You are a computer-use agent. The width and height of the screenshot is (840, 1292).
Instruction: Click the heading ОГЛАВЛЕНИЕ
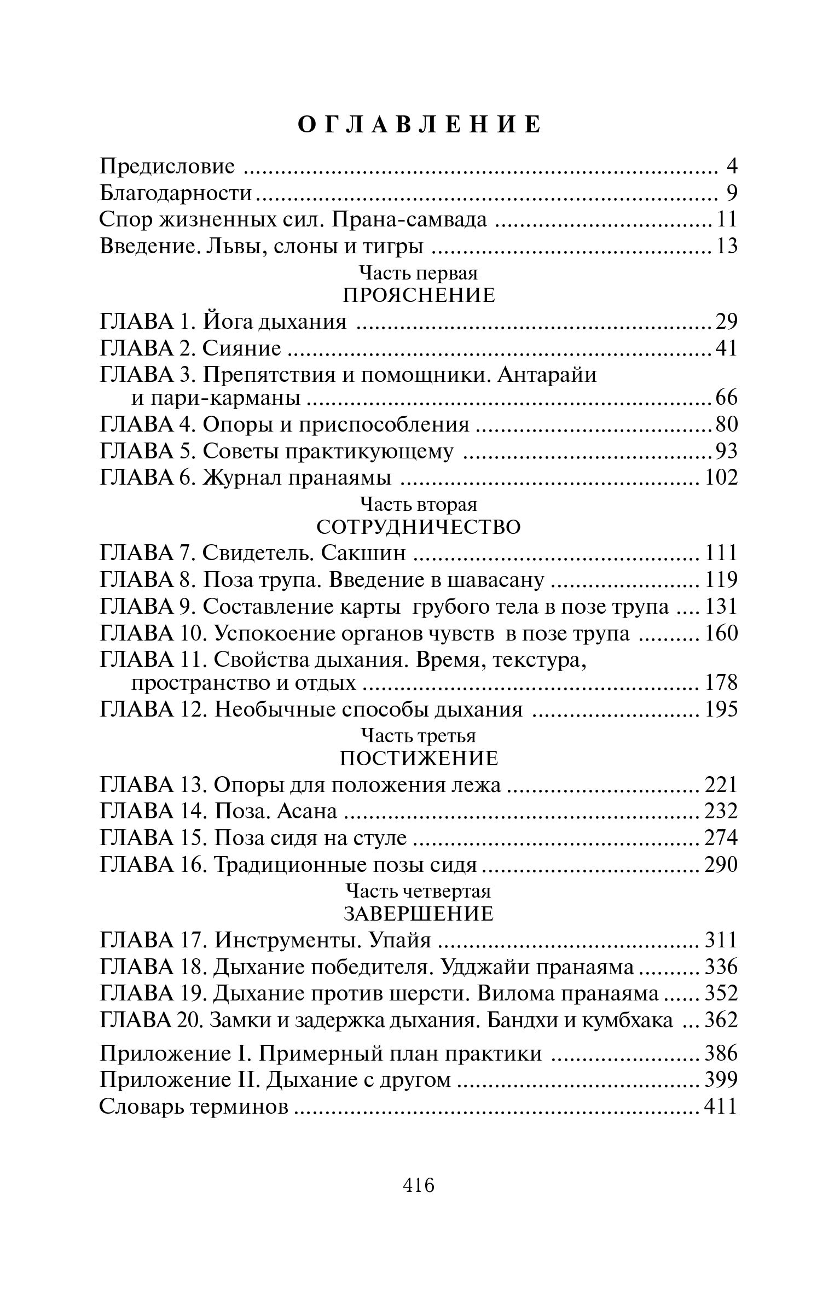pyautogui.click(x=420, y=125)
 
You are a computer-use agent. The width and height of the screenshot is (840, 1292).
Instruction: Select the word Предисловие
pyautogui.click(x=167, y=166)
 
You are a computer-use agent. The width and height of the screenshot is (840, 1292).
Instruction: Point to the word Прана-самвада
pyautogui.click(x=409, y=219)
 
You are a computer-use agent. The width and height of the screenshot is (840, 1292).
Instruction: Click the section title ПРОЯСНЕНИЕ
pyautogui.click(x=419, y=295)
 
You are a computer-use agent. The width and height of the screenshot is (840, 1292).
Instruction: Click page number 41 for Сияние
pyautogui.click(x=726, y=348)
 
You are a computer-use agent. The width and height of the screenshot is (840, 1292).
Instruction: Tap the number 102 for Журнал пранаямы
pyautogui.click(x=720, y=478)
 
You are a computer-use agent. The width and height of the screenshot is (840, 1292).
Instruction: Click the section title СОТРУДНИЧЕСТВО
pyautogui.click(x=419, y=527)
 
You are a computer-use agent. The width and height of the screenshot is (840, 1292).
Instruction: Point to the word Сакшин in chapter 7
pyautogui.click(x=364, y=553)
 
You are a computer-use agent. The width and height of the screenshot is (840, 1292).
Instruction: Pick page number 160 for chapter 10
pyautogui.click(x=720, y=633)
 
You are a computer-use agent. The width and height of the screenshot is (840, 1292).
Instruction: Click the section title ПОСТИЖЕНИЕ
pyautogui.click(x=419, y=759)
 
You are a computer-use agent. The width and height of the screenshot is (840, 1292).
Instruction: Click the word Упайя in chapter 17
pyautogui.click(x=400, y=940)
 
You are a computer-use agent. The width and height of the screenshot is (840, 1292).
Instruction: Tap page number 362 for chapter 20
pyautogui.click(x=720, y=1021)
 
